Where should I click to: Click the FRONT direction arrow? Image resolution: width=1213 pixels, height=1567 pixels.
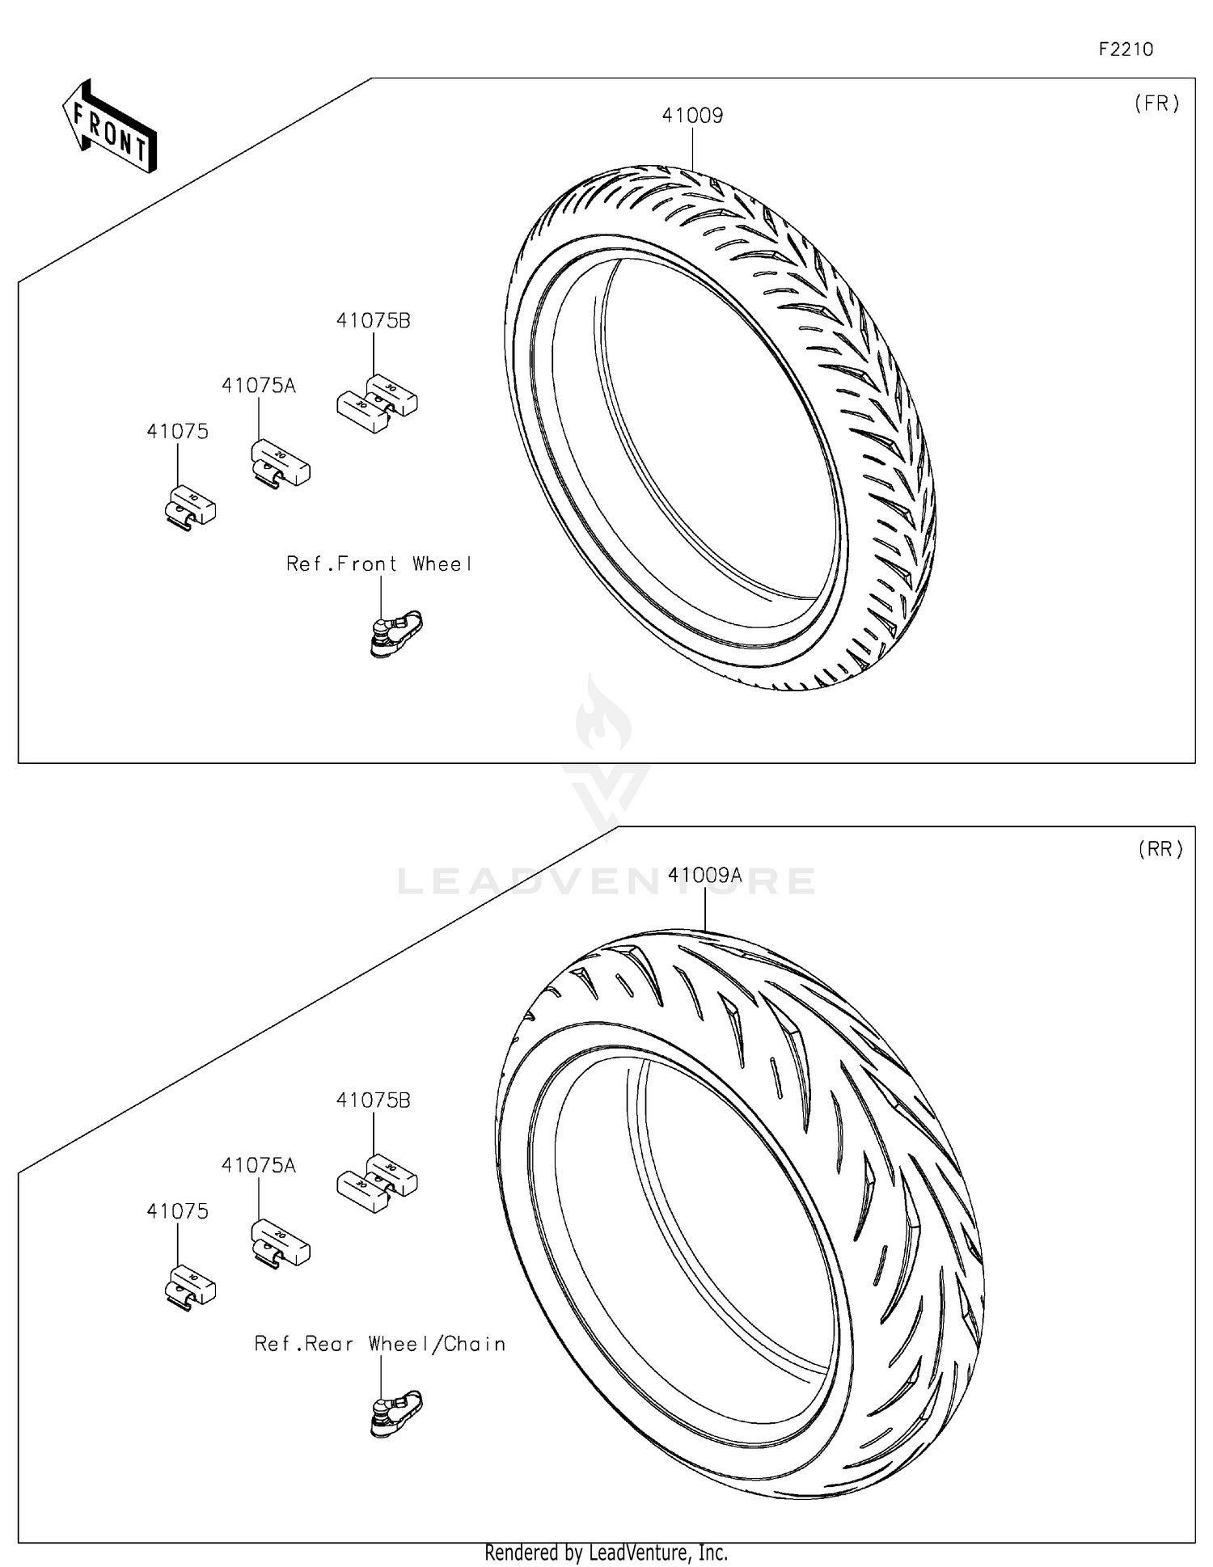[x=109, y=128]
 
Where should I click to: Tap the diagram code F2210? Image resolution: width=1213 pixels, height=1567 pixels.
[x=1125, y=49]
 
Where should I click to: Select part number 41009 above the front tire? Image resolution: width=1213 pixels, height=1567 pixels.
[x=692, y=116]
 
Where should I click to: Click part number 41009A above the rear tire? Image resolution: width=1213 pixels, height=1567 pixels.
[x=704, y=875]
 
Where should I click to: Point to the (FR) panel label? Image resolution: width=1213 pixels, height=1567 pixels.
[x=1156, y=103]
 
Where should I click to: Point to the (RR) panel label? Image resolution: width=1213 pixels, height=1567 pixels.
[x=1160, y=849]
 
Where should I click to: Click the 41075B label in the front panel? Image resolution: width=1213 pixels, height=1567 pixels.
[x=373, y=321]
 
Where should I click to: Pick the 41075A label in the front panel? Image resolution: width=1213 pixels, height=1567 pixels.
[x=258, y=386]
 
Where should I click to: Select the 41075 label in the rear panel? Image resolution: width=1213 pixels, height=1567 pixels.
[x=177, y=1211]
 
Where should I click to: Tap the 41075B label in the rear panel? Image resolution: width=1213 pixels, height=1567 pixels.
[x=373, y=1100]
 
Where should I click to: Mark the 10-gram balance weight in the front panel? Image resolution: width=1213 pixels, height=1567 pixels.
[x=190, y=507]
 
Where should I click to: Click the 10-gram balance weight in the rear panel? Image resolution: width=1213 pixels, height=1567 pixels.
[x=190, y=1286]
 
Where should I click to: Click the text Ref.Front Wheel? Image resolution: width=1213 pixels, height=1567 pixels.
[x=378, y=564]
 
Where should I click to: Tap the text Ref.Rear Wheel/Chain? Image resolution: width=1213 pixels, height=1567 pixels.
[x=379, y=1344]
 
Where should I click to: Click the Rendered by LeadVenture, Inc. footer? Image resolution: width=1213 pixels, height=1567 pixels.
[x=606, y=1552]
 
